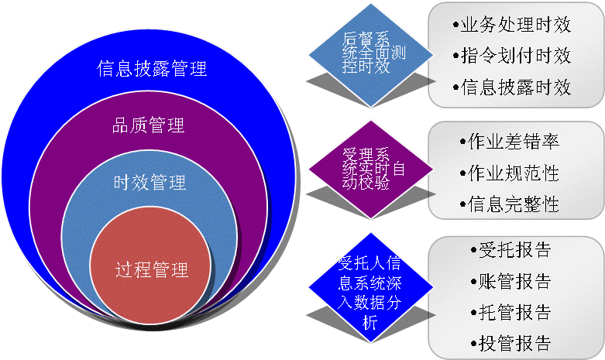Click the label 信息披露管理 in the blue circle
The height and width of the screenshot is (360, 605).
(152, 68)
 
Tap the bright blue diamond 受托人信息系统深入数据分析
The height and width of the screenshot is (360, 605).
(368, 286)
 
